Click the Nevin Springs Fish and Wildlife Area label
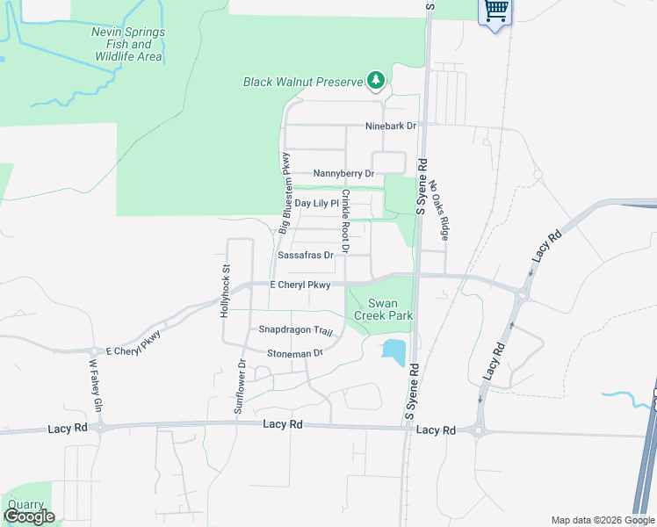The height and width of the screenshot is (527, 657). (127, 45)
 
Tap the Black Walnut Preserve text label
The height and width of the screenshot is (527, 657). (303, 82)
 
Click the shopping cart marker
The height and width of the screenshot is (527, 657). (495, 11)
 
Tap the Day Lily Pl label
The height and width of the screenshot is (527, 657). (316, 203)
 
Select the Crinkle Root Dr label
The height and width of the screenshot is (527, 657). (346, 221)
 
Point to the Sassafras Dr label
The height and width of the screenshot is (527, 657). (306, 256)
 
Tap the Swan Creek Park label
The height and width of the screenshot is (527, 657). (384, 308)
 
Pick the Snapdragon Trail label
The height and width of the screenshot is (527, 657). (295, 330)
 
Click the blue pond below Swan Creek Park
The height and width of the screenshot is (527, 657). (393, 352)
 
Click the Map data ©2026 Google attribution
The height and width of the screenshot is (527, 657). (602, 520)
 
